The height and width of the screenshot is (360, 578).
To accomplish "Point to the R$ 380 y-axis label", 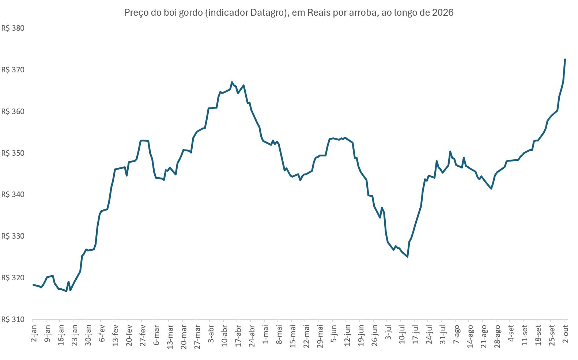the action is click(13, 28).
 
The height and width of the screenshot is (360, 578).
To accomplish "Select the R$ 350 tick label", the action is click(13, 153).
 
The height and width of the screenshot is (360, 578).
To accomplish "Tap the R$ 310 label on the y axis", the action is click(13, 319).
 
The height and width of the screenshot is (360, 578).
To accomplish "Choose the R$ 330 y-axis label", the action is click(13, 236).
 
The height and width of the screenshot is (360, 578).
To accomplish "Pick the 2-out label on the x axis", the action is click(565, 334).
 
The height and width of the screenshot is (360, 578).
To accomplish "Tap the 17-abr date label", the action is click(238, 336).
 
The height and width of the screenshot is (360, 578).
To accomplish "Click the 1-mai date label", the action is click(265, 334).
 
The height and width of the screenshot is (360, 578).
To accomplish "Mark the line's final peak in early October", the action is click(565, 59).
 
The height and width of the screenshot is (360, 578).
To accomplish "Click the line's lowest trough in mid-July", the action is click(407, 257).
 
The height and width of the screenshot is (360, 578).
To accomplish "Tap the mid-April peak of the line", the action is click(232, 82).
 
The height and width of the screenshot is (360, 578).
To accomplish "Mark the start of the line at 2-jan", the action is click(33, 285).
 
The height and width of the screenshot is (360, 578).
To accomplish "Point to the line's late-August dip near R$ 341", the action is click(491, 189).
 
